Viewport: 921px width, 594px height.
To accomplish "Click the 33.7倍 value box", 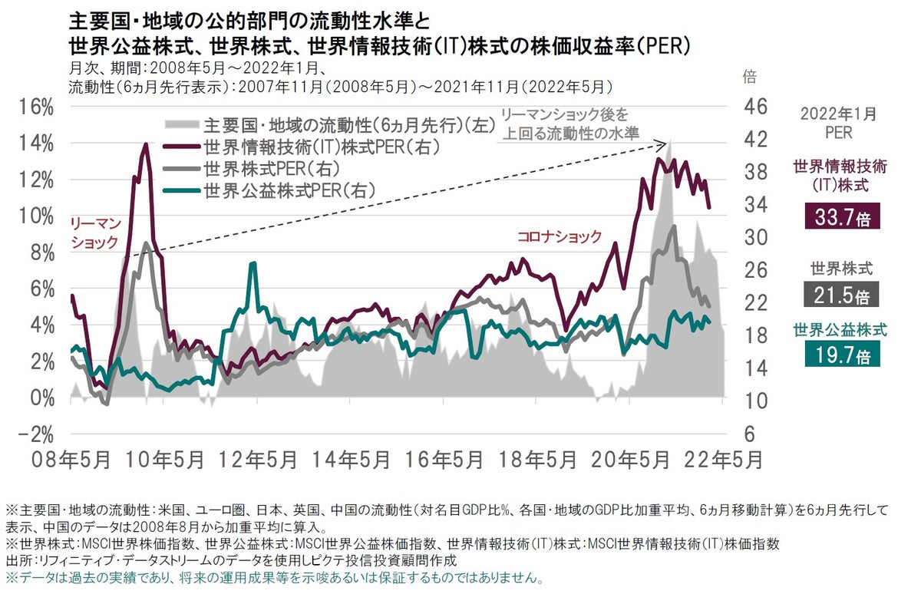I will (x=841, y=217).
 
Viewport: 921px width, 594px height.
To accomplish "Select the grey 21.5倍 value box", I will (x=841, y=295).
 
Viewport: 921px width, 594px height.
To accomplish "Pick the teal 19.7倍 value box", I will (x=841, y=355).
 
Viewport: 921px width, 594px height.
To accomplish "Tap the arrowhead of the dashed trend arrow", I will (x=663, y=143).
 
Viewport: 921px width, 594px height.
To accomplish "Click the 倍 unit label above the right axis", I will (x=749, y=77).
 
